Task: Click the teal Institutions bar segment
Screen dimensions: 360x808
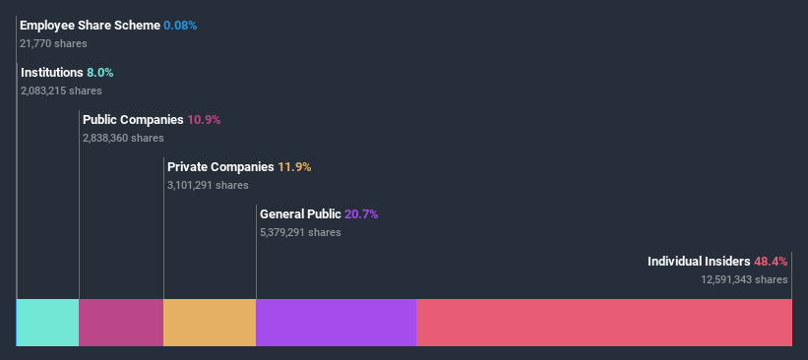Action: click(48, 323)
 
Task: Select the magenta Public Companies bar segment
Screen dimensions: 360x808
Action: click(121, 323)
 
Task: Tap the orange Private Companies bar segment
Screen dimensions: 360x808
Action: click(210, 323)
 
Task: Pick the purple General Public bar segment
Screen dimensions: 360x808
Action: click(336, 323)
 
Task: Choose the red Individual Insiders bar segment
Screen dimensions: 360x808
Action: click(604, 323)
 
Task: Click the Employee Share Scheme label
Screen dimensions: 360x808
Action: click(90, 25)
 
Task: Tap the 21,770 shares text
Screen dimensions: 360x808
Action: click(53, 43)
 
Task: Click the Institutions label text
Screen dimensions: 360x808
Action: click(52, 72)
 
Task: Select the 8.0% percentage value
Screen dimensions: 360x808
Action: click(100, 72)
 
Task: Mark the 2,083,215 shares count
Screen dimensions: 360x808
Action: click(61, 90)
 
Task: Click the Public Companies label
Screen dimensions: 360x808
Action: click(133, 119)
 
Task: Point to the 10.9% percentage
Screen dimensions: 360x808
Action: click(204, 119)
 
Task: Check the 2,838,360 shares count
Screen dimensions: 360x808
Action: click(123, 138)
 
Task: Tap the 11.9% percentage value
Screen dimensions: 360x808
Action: click(294, 166)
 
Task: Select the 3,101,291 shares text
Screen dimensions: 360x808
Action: click(208, 185)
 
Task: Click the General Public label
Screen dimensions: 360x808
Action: click(300, 213)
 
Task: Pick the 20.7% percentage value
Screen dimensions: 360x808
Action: click(361, 213)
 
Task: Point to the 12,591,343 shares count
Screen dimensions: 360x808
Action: click(744, 279)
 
